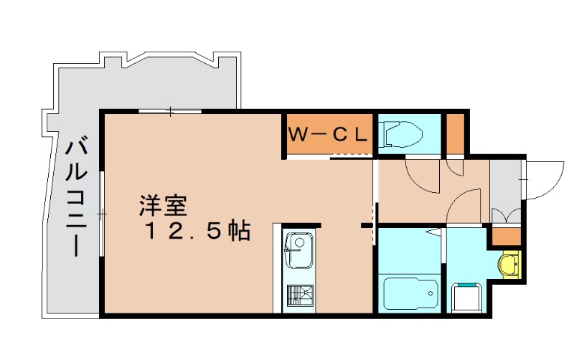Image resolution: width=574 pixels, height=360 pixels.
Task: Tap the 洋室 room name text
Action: pyautogui.click(x=163, y=207)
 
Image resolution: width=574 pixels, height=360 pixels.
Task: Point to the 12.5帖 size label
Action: pyautogui.click(x=197, y=231)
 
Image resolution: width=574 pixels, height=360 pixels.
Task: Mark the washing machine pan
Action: pyautogui.click(x=467, y=295)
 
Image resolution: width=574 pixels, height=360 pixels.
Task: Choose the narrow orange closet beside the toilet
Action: pyautogui.click(x=455, y=133)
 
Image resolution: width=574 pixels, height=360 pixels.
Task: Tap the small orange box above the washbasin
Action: pyautogui.click(x=507, y=236)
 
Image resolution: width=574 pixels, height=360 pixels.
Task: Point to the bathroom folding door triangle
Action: pyautogui.click(x=433, y=232)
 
